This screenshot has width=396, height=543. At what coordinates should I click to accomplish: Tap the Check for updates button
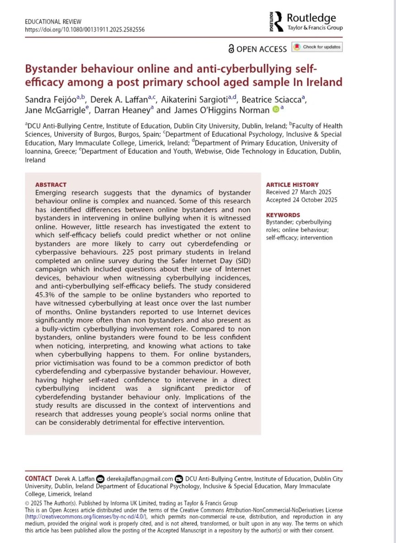tap(317, 47)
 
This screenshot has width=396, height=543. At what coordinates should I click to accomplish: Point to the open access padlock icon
tap(232, 48)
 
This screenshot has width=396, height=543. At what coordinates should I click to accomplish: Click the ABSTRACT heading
tap(51, 185)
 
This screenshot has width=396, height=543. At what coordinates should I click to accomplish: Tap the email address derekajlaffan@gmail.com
tap(140, 479)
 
